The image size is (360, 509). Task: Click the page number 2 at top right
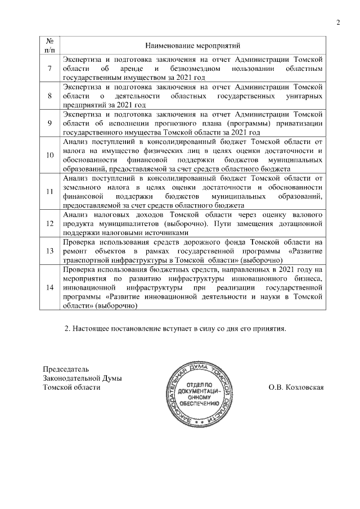[x=338, y=22]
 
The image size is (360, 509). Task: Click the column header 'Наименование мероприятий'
[x=192, y=44]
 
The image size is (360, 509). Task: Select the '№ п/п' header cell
[x=49, y=44]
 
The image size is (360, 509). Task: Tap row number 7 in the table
[x=49, y=69]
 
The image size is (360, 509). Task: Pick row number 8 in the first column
[x=49, y=96]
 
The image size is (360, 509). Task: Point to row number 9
[x=49, y=123]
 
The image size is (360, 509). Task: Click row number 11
[x=49, y=191]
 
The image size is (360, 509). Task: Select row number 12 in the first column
[x=49, y=223]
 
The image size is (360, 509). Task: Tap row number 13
[x=49, y=250]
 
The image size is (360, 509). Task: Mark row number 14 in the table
[x=49, y=287]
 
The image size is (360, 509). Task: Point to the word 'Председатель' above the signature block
[x=66, y=369]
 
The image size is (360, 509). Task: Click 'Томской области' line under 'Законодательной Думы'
[x=72, y=387]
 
